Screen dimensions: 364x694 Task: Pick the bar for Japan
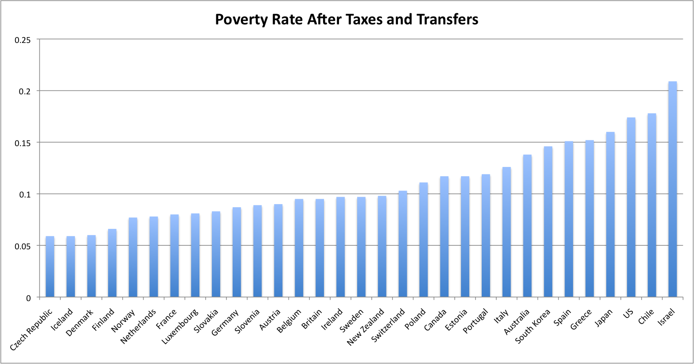click(610, 214)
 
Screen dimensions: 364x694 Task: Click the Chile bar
click(652, 205)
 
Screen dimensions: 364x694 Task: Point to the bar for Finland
click(112, 263)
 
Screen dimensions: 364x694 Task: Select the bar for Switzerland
click(403, 244)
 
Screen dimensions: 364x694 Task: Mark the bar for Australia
click(527, 226)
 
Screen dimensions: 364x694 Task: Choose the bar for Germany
click(237, 252)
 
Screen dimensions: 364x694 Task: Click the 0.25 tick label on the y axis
click(23, 40)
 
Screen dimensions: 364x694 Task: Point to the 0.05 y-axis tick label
click(23, 246)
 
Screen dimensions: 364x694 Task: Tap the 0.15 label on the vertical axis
click(23, 143)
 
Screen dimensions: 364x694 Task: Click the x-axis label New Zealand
click(366, 327)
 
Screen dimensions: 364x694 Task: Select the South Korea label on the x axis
click(533, 326)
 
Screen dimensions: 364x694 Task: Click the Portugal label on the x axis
click(476, 321)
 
